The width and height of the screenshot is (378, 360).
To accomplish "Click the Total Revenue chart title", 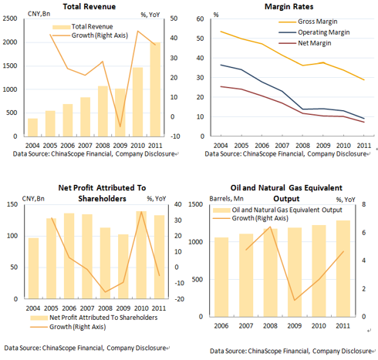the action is coord(89,6).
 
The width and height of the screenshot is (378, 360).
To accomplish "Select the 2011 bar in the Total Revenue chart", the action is coord(155,89).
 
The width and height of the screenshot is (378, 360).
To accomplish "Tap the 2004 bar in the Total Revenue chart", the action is coord(32,127).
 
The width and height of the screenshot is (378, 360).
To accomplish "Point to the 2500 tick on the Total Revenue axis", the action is coord(10,19).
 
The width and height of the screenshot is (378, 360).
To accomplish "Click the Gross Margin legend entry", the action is coord(308,22).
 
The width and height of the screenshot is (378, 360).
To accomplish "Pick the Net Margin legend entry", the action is coord(305,43).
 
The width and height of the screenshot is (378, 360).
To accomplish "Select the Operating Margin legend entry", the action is coord(314,32).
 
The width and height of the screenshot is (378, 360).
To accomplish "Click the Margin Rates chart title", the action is coord(289,6).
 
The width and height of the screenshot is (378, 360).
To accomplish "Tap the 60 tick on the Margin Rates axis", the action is coord(200,19).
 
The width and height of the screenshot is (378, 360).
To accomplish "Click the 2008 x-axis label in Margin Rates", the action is coord(302,146).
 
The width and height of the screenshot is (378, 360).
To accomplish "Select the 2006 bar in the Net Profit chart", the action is coord(69,256).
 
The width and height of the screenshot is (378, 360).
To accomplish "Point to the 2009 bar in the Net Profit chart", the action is coord(123,266).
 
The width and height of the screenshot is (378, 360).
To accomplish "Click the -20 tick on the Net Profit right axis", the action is coord(179,299).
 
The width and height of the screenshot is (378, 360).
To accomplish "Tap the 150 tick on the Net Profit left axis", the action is coord(12,204).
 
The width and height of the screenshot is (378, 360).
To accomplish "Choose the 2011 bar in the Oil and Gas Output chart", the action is coord(343,268).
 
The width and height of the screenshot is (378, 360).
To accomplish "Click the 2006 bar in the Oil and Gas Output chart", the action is coord(221,277).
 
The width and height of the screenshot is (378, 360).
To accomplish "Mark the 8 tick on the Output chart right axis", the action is coord(363,204).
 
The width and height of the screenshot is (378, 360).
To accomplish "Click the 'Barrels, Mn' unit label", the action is coord(226,199).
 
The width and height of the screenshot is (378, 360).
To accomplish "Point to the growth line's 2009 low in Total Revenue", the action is coord(120,126).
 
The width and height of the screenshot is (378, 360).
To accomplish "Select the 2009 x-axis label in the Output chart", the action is coord(295,326).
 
